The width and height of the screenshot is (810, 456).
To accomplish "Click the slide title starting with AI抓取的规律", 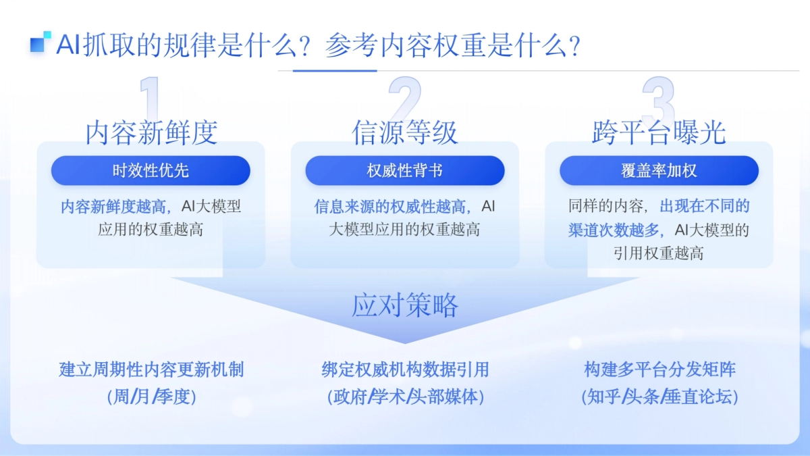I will coord(317,46).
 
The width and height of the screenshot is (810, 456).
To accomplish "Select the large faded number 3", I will coord(658,101).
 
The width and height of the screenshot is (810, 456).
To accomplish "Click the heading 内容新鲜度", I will coord(151,132).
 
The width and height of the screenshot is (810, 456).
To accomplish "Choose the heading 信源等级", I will coord(405,132).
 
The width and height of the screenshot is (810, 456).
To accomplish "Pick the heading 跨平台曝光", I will coord(659,132).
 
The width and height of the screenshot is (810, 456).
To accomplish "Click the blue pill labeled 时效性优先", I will coord(151,171).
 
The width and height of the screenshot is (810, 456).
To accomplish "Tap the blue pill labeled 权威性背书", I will coord(405,171).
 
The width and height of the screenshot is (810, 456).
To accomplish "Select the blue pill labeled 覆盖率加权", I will coord(659,171).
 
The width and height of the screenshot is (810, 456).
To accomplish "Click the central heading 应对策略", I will coord(405,305).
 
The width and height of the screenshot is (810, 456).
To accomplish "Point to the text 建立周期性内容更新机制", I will coord(151,370).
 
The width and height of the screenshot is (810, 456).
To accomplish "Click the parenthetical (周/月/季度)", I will coord(151,397).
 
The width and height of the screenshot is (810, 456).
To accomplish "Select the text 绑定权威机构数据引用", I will coord(405,370).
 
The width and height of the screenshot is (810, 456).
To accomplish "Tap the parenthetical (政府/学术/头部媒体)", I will coord(405,397).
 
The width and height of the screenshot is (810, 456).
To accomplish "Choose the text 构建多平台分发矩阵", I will coord(659,370).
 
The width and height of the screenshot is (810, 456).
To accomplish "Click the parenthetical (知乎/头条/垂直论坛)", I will coord(659,397).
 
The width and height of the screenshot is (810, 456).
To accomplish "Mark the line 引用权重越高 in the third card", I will coord(659,253).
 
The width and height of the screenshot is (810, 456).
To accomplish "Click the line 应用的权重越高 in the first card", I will coord(151,230).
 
